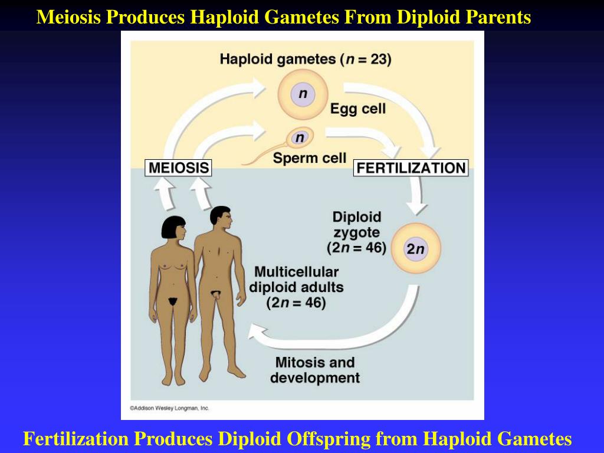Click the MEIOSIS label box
(178, 168)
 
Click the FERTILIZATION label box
(411, 168)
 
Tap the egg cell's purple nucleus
(303, 94)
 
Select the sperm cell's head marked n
(300, 138)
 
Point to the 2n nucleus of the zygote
(416, 249)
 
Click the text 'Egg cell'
(357, 109)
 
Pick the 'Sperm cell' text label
(309, 158)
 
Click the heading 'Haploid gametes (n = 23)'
(305, 59)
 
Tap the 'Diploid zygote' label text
(357, 232)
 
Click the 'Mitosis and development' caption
(315, 370)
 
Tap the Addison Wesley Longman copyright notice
(169, 408)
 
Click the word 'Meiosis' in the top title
(70, 17)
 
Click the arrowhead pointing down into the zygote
(418, 207)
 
